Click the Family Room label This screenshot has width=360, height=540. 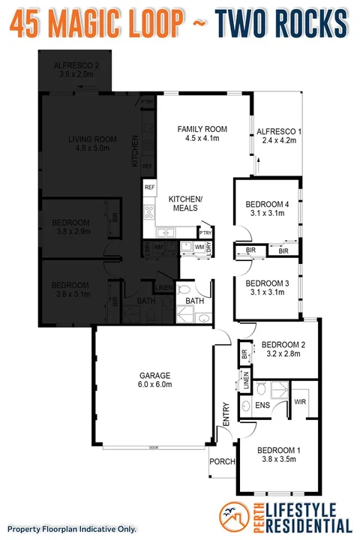[201, 133]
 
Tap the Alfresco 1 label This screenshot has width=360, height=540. [279, 136]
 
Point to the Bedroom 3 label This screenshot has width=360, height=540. [266, 287]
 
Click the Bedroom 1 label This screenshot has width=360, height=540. [278, 455]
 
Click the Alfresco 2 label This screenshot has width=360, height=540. [73, 70]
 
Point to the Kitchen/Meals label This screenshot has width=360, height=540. [187, 203]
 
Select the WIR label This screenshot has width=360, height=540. [299, 402]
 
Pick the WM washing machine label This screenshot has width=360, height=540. [199, 247]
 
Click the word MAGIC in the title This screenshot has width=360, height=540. [103, 24]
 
